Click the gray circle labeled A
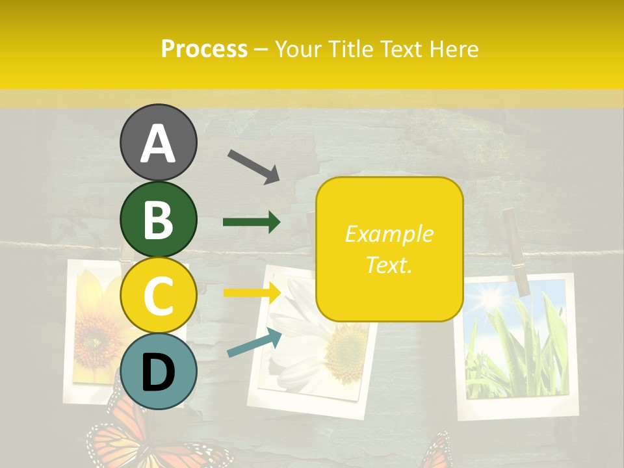coord(158,142)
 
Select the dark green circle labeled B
coord(158,219)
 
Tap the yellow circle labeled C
coord(158,295)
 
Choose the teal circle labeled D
coord(158,371)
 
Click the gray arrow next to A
coord(253,166)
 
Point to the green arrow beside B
coord(252,222)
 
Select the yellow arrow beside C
coord(252,292)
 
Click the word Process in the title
coord(204,49)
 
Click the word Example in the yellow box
coord(389,234)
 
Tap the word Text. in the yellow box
coord(389,265)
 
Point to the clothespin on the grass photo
coord(517,250)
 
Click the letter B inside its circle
coord(158,219)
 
